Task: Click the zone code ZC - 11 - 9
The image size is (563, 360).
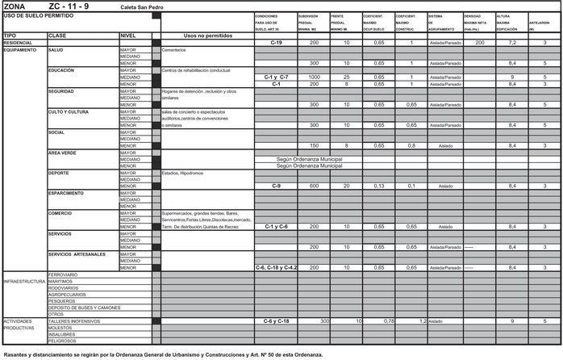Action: pos(74,6)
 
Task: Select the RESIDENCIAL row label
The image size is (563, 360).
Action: pos(18,43)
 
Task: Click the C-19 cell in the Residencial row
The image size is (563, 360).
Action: pos(276,42)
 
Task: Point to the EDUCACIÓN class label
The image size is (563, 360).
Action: pos(63,70)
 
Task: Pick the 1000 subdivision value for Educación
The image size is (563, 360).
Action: pos(315,77)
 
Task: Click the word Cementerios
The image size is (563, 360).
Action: pos(174,50)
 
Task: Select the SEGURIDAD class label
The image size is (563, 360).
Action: pos(63,90)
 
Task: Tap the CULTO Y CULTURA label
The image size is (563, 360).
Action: pos(69,111)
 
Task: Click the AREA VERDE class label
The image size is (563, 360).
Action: pos(63,153)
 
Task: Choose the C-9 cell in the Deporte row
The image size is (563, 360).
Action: pos(276,186)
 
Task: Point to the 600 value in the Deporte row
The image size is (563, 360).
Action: pos(315,186)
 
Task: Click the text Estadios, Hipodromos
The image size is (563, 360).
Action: pos(182,173)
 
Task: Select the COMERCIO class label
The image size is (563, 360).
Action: pos(61,213)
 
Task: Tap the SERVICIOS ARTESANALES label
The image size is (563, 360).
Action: pos(77,254)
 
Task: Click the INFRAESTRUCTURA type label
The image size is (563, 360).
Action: pos(23,282)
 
